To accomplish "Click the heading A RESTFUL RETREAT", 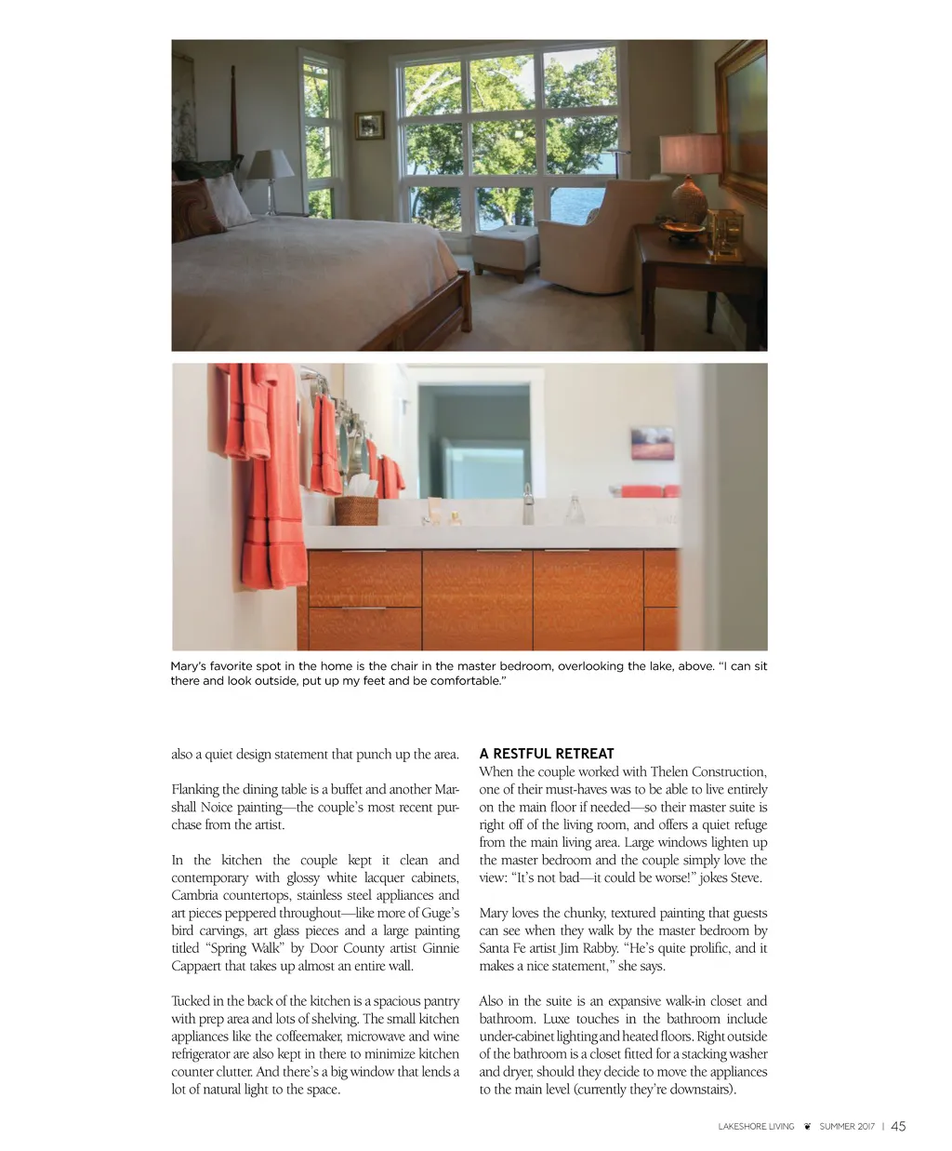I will pos(547,754).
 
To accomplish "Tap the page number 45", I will pos(898,1126).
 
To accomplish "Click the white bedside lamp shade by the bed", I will pos(271,165).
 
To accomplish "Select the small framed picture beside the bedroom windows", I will pos(369,125).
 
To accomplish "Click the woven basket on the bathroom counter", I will pos(356,510).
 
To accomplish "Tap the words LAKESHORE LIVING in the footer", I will pos(756,1127).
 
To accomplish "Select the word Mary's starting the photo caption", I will pos(189,666).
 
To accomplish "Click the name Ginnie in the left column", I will pos(441,948).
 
